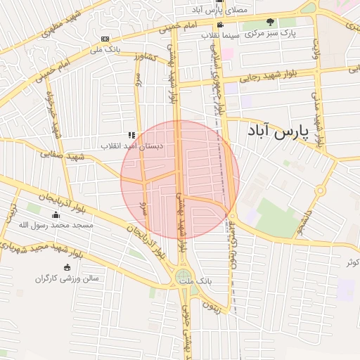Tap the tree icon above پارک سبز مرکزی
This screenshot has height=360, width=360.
click(290, 22)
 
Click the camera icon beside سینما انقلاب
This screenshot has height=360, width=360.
click(220, 25)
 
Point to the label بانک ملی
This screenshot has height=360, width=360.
click(105, 51)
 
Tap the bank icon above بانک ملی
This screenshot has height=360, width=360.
click(105, 39)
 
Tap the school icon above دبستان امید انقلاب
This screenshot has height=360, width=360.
click(131, 134)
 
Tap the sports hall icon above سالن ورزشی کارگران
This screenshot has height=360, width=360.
click(67, 267)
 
